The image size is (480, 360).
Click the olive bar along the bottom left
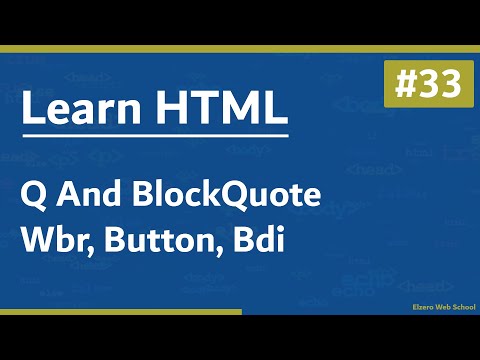120,312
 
